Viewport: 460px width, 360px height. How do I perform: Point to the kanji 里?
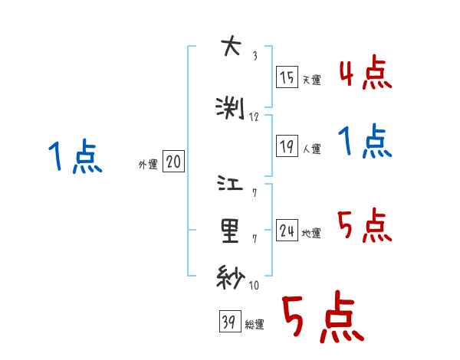tap(230, 230)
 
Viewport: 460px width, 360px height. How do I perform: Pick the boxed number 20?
tap(173, 162)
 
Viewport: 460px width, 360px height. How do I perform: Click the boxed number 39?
tap(228, 323)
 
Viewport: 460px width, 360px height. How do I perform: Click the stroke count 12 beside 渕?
tap(255, 116)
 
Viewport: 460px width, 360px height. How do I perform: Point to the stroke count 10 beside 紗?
tap(255, 286)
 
